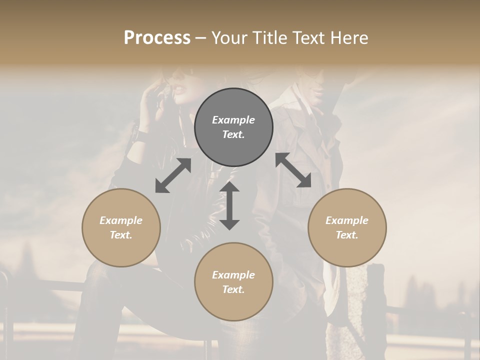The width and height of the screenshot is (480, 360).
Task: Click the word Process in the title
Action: point(157,38)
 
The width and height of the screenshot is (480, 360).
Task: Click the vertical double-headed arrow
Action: point(229,206)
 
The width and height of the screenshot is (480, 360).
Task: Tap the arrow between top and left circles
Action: point(173,175)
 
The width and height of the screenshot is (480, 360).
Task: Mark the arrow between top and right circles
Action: point(293,170)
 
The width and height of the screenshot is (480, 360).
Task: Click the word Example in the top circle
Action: point(233,120)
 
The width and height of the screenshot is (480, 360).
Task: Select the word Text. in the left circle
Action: point(121,235)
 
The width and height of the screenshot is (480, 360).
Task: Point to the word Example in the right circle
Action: point(347,220)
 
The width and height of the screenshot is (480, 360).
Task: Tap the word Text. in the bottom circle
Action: point(233,289)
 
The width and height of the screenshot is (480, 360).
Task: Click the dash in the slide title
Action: point(201,38)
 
